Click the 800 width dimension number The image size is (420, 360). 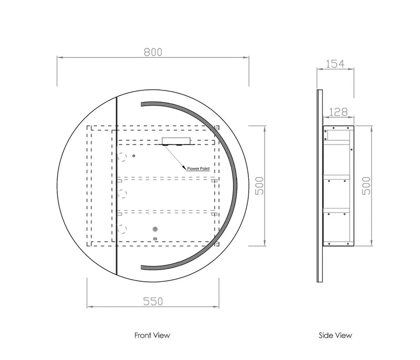click(153, 52)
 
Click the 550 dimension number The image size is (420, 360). click(153, 302)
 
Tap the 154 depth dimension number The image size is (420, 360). click(335, 64)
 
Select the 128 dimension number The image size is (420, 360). click(338, 112)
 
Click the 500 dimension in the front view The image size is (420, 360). click(259, 186)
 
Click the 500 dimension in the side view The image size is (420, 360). click(366, 186)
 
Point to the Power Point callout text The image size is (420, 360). click(198, 169)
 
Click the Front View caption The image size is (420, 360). click(152, 335)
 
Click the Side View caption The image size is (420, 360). click(335, 335)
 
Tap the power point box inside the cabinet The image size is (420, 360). click(176, 141)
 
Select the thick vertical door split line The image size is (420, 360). click(117, 186)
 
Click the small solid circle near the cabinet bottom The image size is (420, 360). click(155, 229)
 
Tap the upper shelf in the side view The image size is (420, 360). click(337, 177)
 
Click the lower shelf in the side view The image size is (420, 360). click(337, 210)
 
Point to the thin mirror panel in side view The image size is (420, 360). click(320, 186)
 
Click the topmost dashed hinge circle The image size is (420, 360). click(122, 157)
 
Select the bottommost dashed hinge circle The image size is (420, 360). click(122, 229)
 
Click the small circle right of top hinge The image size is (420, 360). click(134, 156)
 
